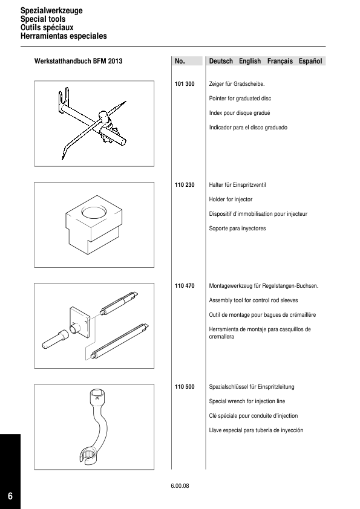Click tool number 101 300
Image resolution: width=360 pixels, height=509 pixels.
185,84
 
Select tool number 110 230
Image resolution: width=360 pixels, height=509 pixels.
185,185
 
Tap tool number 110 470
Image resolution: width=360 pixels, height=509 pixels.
185,286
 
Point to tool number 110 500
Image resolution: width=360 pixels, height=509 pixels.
185,387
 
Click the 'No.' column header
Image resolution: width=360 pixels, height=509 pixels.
180,61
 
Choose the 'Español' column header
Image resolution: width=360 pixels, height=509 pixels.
310,61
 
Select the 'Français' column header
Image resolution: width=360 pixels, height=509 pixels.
280,61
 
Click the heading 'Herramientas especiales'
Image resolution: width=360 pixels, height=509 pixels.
64,36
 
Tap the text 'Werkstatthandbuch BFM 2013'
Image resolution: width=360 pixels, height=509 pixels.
78,61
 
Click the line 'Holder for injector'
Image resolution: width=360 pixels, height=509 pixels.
231,199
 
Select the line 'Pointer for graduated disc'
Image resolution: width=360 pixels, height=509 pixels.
240,99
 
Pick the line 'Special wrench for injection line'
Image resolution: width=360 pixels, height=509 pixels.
247,401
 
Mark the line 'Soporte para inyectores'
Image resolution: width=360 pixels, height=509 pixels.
238,229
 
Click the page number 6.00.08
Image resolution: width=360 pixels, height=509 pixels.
180,486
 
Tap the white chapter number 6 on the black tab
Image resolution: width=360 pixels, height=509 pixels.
10,496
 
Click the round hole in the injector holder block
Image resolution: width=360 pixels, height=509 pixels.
94,213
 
